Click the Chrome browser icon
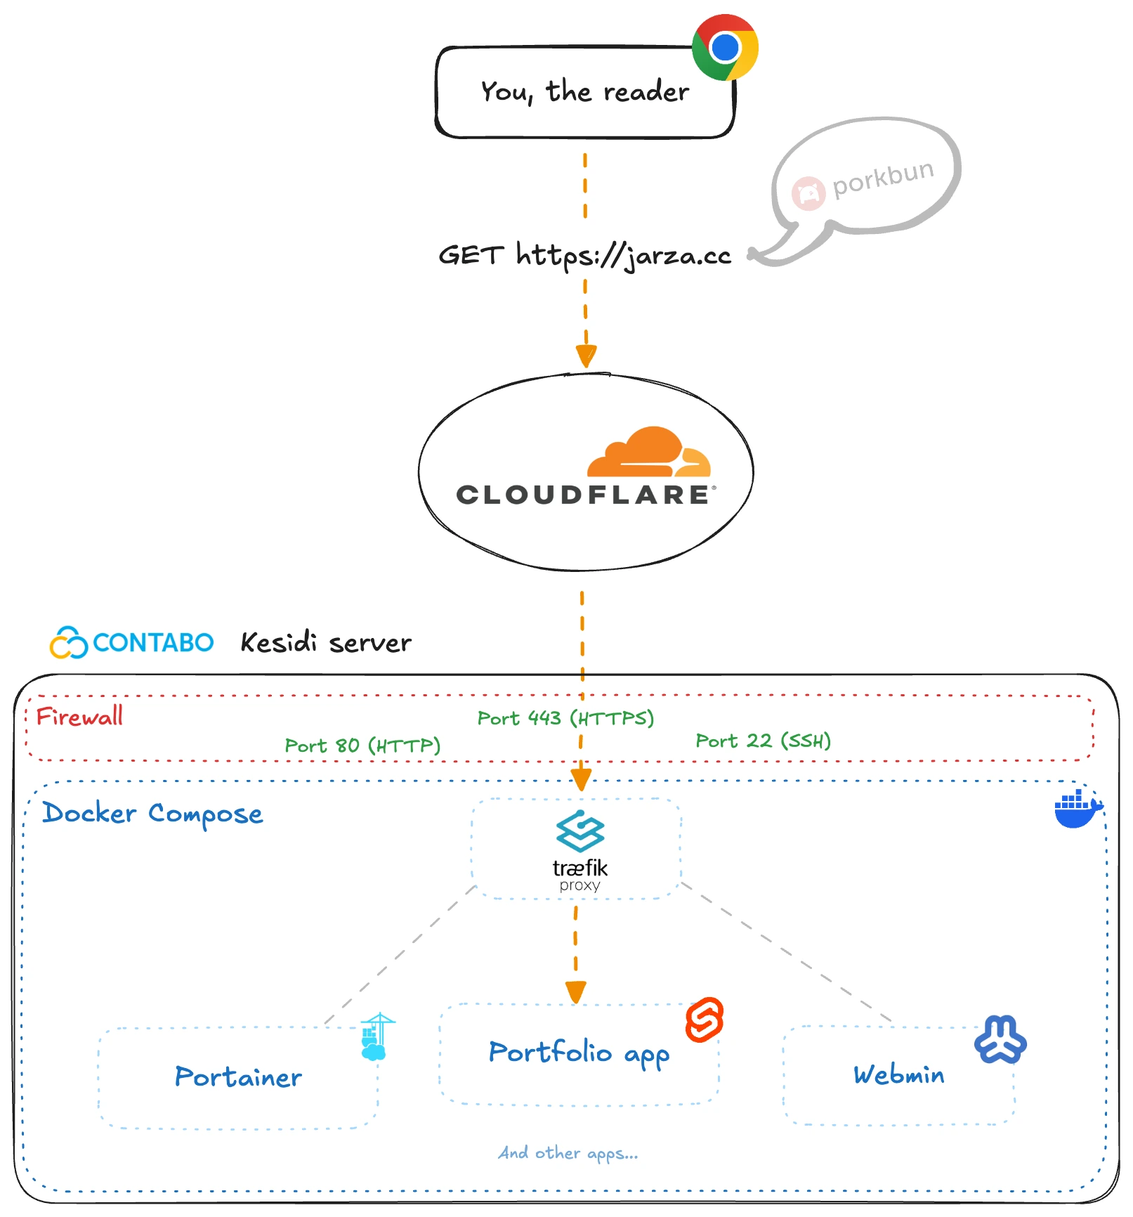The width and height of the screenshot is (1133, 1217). pos(725,47)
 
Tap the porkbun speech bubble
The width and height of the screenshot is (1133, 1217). pos(867,179)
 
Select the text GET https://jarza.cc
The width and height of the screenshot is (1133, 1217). pos(584,256)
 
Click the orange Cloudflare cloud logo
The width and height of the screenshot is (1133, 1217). pos(648,453)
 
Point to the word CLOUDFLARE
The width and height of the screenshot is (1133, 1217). pos(583,495)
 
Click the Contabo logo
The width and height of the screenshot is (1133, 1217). pos(131,642)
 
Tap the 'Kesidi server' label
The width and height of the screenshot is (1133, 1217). pos(326,643)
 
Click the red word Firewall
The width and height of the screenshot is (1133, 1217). pos(79,717)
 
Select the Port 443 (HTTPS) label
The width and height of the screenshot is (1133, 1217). pos(565,718)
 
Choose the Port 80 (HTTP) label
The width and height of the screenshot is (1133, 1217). pos(362,746)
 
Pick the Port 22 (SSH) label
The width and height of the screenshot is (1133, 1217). pos(763,741)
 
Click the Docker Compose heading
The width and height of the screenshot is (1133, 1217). pos(152,814)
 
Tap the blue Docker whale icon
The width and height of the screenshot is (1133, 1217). pos(1077,809)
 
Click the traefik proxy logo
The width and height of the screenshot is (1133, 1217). pos(579,850)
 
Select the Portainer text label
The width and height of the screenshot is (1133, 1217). pos(238,1077)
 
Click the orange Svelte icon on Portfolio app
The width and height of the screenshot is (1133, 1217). pos(705,1020)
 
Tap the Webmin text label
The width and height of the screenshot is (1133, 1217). pos(898,1074)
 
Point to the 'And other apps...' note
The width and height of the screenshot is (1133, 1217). pos(568,1153)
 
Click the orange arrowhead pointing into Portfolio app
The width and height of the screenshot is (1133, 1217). pos(576,991)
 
